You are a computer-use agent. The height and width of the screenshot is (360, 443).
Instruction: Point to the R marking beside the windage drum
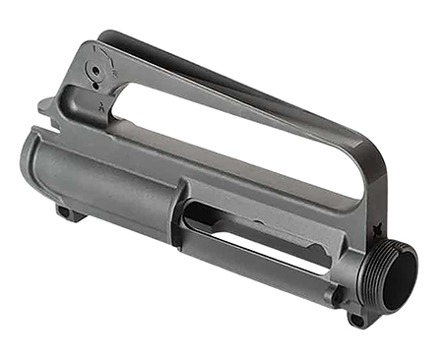[115, 71]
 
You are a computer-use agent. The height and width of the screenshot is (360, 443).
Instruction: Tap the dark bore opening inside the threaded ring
[402, 277]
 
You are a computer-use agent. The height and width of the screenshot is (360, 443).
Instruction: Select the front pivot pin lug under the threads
[357, 318]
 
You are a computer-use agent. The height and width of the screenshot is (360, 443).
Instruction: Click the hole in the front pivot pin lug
[357, 320]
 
